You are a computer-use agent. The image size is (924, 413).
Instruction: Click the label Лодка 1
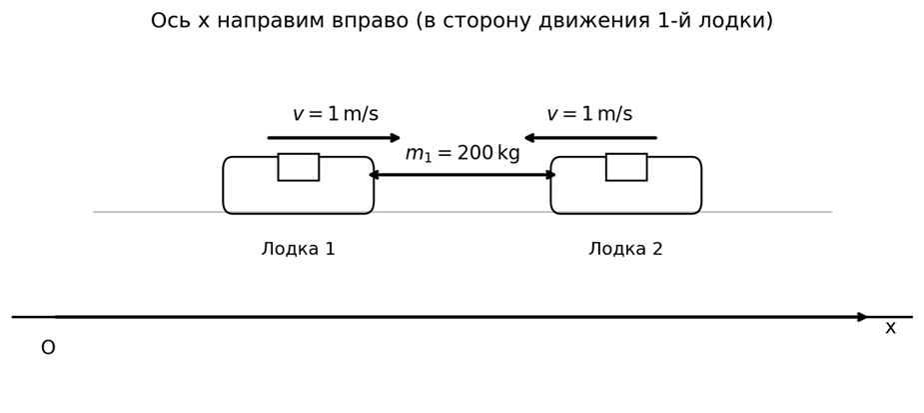(x=298, y=249)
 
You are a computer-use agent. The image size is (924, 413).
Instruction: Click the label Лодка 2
(x=625, y=249)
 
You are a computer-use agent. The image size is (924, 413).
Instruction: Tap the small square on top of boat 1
(x=298, y=167)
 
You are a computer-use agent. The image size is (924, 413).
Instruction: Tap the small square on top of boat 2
(x=625, y=167)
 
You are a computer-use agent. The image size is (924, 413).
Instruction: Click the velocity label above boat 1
(x=335, y=114)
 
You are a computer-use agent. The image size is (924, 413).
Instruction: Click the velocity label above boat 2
(x=588, y=114)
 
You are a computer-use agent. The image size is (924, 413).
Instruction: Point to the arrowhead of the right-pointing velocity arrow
(x=396, y=138)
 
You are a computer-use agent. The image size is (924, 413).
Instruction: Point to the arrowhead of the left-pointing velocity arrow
(x=529, y=138)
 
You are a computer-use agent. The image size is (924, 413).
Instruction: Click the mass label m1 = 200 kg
(x=462, y=154)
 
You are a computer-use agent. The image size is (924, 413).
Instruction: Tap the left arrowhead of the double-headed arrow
(x=374, y=175)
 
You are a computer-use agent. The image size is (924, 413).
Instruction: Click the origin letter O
(x=48, y=348)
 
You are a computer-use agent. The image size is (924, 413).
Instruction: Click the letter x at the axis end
(x=890, y=328)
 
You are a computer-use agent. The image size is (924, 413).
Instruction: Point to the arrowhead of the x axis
(x=863, y=317)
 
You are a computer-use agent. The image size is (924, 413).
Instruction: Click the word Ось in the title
(x=171, y=21)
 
